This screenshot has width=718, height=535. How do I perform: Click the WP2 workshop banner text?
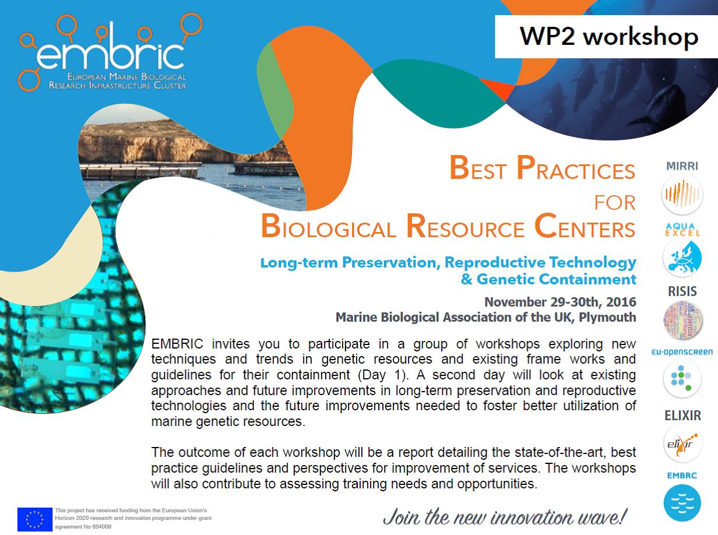pyautogui.click(x=608, y=36)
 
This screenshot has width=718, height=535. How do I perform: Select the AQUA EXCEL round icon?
pyautogui.click(x=682, y=258)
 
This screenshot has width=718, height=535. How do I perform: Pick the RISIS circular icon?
pyautogui.click(x=682, y=320)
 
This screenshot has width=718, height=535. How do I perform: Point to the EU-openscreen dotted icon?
pyautogui.click(x=682, y=379)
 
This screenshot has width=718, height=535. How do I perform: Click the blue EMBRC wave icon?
pyautogui.click(x=682, y=503)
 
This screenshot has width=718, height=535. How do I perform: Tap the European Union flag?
pyautogui.click(x=34, y=519)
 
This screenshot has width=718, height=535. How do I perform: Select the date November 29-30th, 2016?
pyautogui.click(x=560, y=302)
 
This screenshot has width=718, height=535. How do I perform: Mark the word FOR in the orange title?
pyautogui.click(x=614, y=203)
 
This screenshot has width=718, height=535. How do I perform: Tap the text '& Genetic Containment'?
pyautogui.click(x=548, y=279)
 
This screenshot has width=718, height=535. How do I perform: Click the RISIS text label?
pyautogui.click(x=682, y=291)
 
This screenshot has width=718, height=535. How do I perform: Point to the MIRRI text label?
pyautogui.click(x=682, y=166)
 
